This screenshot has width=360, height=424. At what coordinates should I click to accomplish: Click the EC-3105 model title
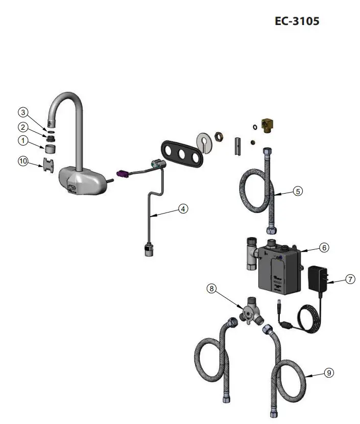pos(297,21)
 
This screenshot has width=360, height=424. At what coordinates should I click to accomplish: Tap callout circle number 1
pos(22,139)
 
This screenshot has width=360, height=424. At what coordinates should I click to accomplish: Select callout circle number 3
pos(22,112)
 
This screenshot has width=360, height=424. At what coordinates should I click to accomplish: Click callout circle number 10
pos(22,161)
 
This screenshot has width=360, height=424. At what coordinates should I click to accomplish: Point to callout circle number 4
pos(183,208)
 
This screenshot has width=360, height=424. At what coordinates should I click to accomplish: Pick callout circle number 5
pos(298,191)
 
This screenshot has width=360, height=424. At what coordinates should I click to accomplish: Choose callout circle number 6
pos(324,247)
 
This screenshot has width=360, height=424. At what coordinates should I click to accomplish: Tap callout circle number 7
pos(349,279)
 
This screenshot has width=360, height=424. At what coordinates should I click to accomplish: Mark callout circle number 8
pos(212,289)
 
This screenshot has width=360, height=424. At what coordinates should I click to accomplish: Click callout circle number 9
pos(329,373)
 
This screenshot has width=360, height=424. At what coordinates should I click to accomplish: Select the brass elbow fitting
pos(268,125)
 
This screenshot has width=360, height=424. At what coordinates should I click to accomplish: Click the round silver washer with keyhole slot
pos(205,143)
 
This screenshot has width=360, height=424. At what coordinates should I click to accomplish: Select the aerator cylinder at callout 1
pos(50,149)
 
